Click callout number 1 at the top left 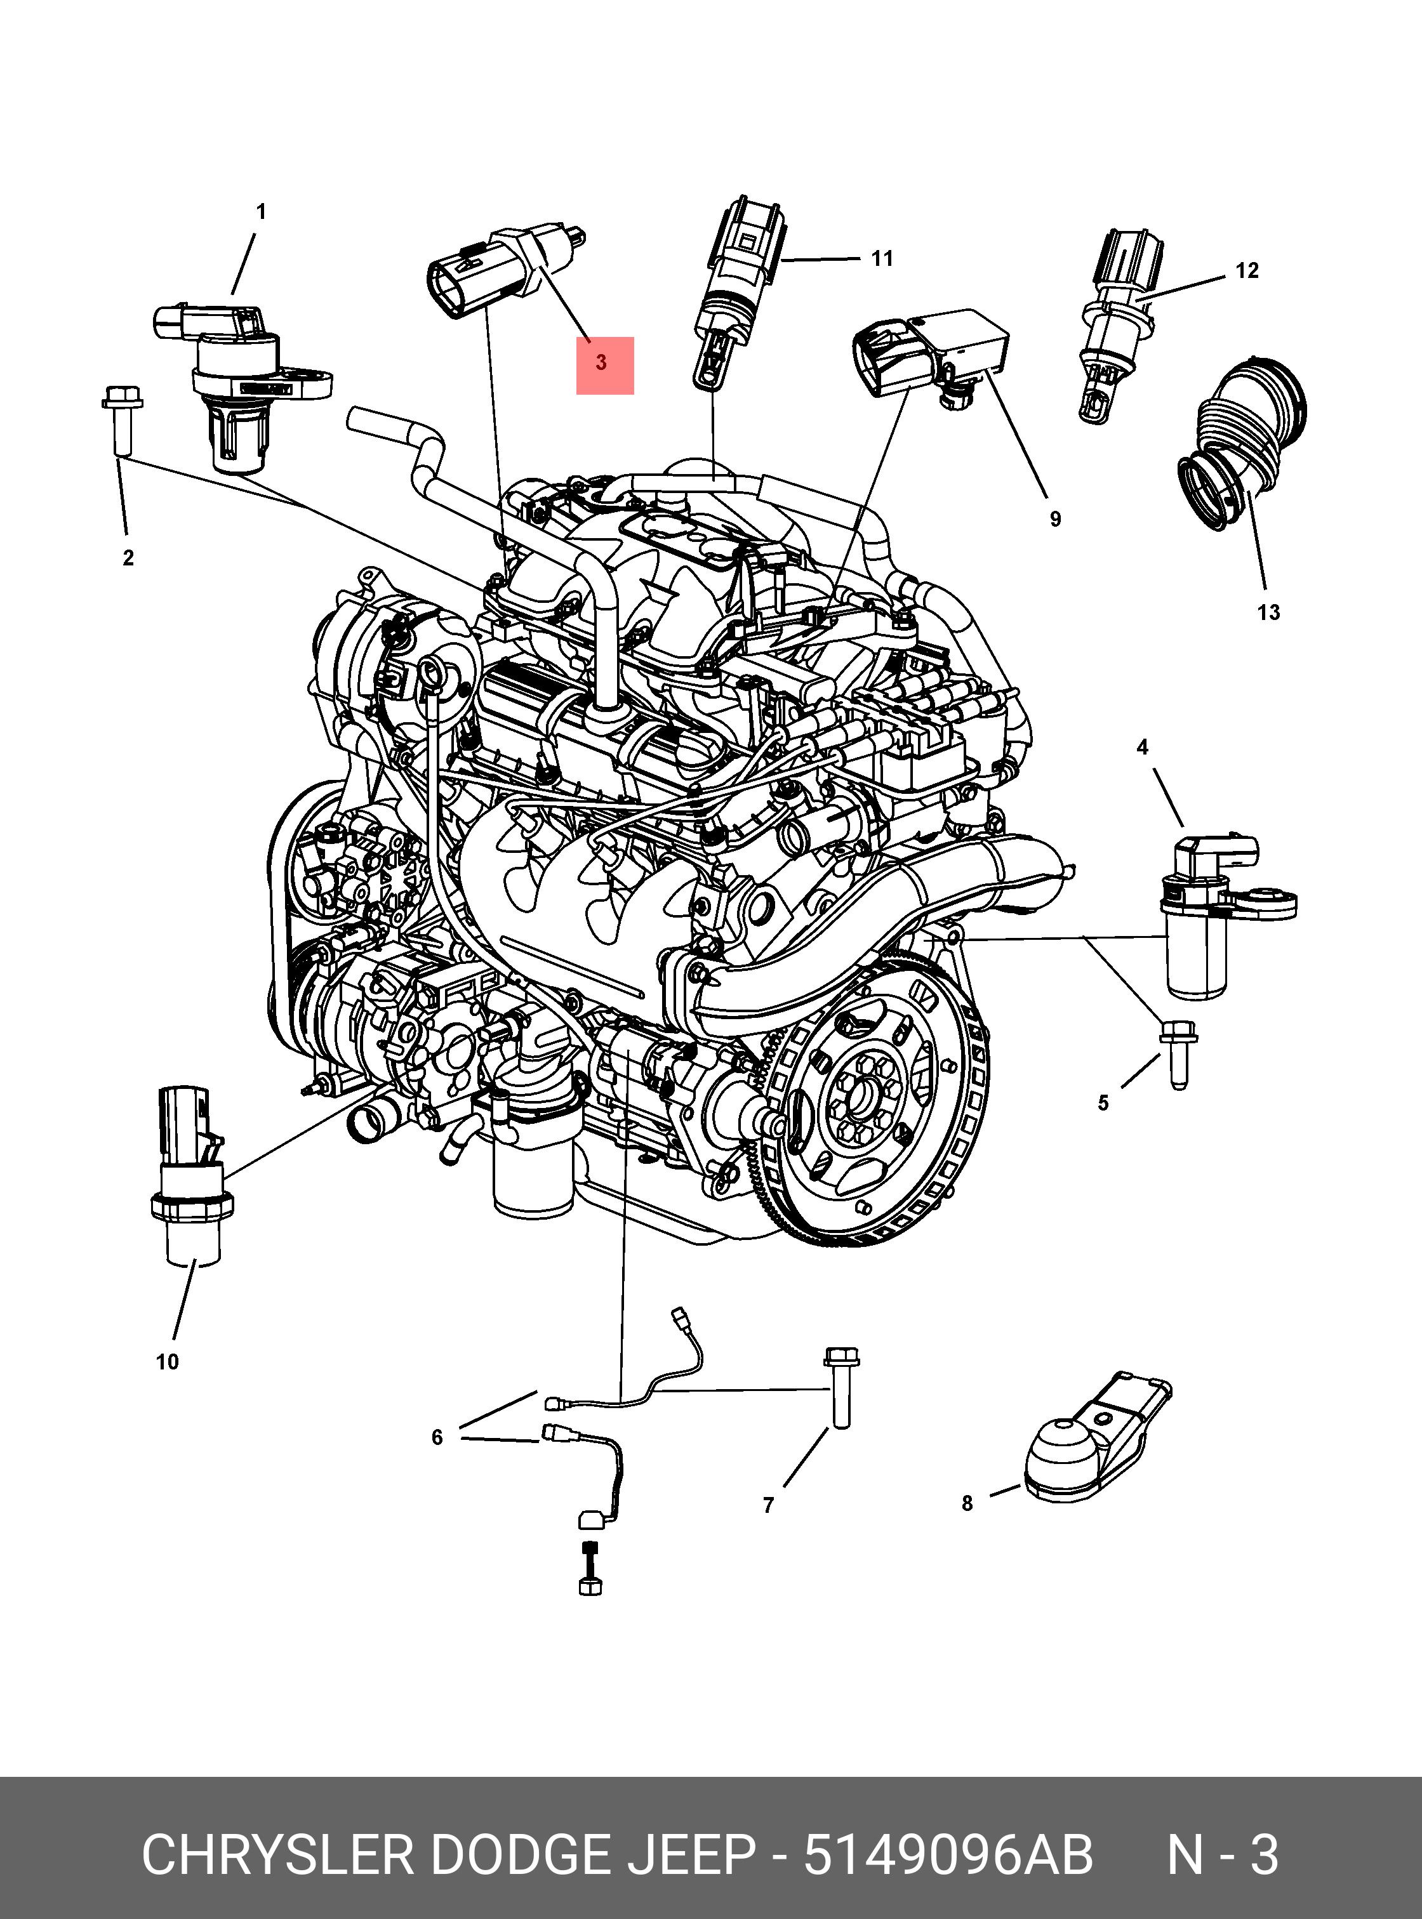point(261,212)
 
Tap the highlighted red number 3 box point(604,365)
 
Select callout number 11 point(881,258)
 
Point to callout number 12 point(1246,271)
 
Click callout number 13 point(1268,613)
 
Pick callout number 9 point(1055,519)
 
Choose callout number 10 point(167,1361)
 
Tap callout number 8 point(967,1503)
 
